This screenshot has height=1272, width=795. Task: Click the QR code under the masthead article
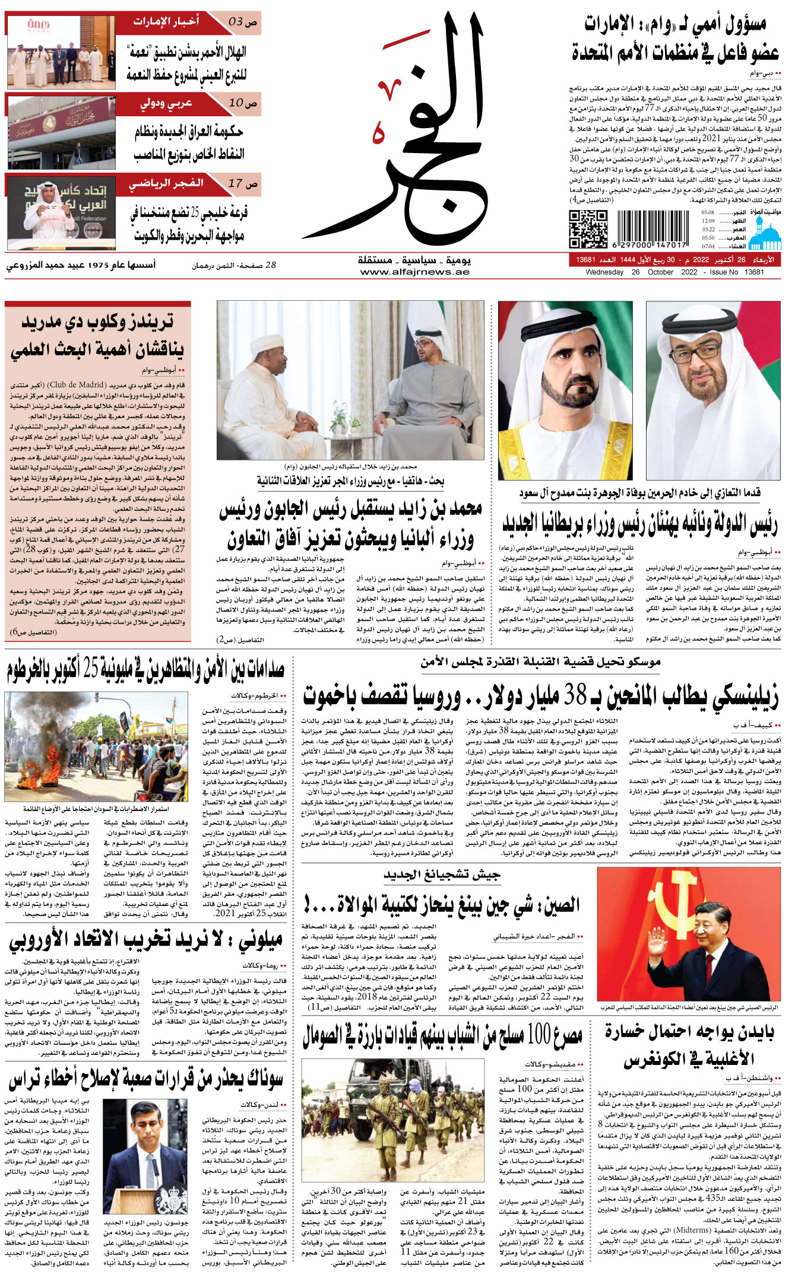click(588, 229)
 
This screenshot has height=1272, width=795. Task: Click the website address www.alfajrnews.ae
click(414, 272)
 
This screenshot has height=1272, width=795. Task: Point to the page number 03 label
click(243, 23)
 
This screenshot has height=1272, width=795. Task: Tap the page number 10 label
click(243, 103)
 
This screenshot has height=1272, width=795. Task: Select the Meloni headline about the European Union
click(146, 941)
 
